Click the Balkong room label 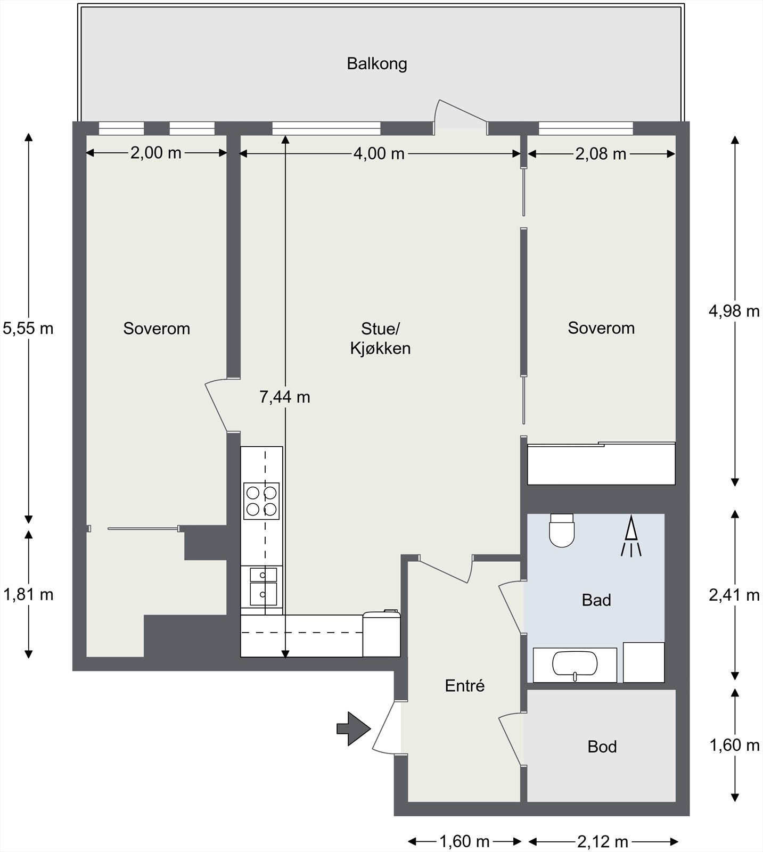point(377,63)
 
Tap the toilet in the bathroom point(562,530)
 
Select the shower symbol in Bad point(631,536)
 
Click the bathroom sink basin point(575,664)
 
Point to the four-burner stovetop point(261,501)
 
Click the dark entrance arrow point(353,728)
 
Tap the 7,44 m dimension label point(284,397)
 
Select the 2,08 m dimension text point(601,154)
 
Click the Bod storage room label point(602,747)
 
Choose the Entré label point(465,685)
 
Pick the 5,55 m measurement point(28,328)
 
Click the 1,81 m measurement point(28,594)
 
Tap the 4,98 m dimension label point(734,311)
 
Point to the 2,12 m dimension point(603,842)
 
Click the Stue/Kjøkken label point(380,338)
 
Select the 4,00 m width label point(379,153)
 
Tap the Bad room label point(596,600)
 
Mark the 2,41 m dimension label point(734,595)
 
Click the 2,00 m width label point(156,153)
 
